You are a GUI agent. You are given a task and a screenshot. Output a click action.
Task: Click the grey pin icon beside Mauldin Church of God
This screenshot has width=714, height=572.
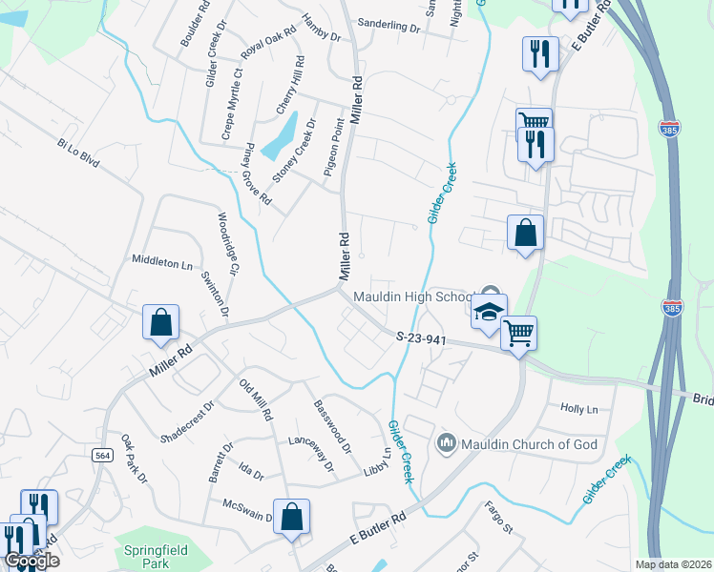click(x=446, y=443)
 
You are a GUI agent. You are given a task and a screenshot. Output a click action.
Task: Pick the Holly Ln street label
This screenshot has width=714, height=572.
click(x=578, y=409)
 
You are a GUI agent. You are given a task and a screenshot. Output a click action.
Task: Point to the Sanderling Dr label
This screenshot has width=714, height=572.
click(x=388, y=28)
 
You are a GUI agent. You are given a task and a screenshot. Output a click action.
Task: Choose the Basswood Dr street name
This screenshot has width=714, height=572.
click(x=333, y=425)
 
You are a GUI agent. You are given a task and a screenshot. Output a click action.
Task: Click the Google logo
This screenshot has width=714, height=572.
click(x=31, y=561)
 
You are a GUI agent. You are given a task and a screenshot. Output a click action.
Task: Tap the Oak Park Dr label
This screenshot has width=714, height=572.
click(x=135, y=459)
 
